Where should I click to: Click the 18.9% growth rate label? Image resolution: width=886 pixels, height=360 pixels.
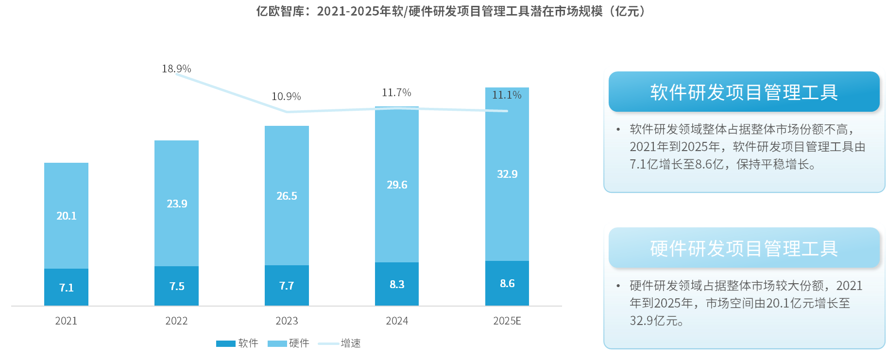[176, 69]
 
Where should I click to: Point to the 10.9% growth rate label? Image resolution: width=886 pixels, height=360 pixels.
[286, 97]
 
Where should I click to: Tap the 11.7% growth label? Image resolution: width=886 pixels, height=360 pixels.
[396, 92]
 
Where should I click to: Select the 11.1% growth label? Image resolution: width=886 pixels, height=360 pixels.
[507, 95]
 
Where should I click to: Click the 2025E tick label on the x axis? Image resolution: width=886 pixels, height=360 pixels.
[507, 321]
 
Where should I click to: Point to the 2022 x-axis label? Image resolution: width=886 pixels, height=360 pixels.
[176, 321]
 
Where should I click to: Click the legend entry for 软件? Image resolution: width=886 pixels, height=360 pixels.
[238, 343]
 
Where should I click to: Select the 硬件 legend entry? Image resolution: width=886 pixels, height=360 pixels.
[289, 343]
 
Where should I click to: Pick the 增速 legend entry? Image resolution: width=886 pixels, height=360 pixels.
[340, 343]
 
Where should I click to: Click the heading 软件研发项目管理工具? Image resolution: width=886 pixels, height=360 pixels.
[744, 92]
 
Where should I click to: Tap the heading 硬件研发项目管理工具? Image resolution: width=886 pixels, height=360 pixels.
[744, 248]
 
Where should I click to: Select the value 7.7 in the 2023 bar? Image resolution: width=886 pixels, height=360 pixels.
[287, 286]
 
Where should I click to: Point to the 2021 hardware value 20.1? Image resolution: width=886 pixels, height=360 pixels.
[67, 216]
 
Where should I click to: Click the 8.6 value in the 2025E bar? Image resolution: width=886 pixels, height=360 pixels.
[507, 283]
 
